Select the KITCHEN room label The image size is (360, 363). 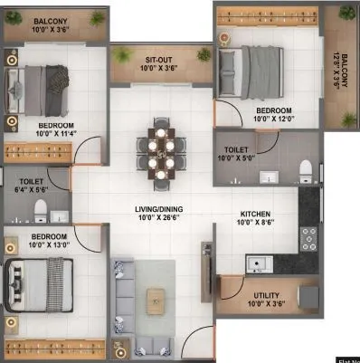pyautogui.click(x=256, y=214)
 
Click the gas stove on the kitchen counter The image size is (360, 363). pyautogui.click(x=308, y=238)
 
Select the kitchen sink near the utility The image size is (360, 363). pyautogui.click(x=259, y=263)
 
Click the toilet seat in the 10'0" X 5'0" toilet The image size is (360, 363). pyautogui.click(x=306, y=171)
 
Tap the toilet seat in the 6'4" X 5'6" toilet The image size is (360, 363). pyautogui.click(x=39, y=212)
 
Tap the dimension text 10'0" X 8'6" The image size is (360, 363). pyautogui.click(x=256, y=223)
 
